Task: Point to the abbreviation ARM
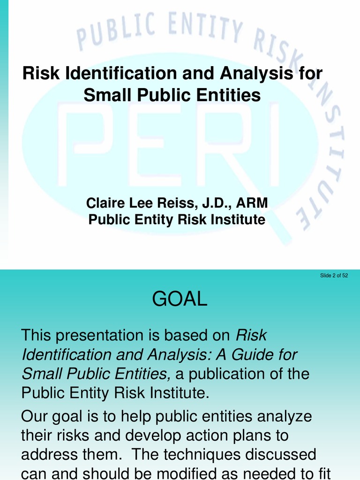pos(252,203)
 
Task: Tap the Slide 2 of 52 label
pos(334,276)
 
